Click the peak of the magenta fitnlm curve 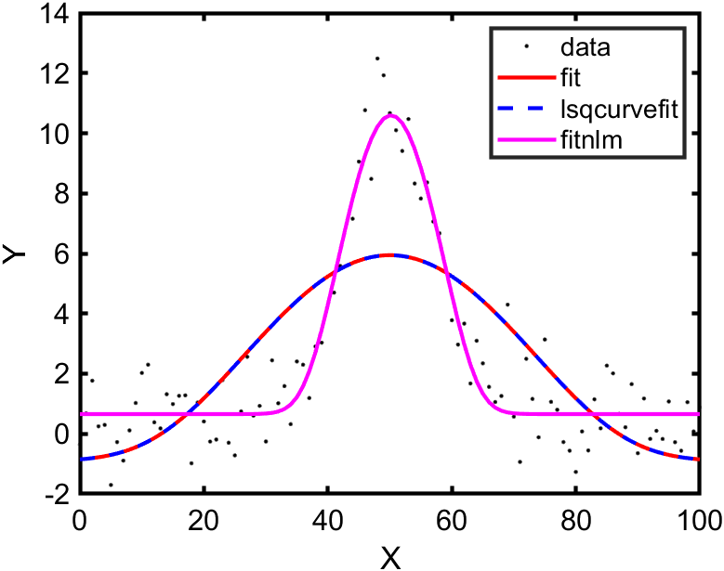[x=389, y=116]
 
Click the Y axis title [x=16, y=253]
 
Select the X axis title [x=389, y=556]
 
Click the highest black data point [x=377, y=58]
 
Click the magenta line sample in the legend [x=525, y=141]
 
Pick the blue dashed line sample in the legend [x=525, y=109]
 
